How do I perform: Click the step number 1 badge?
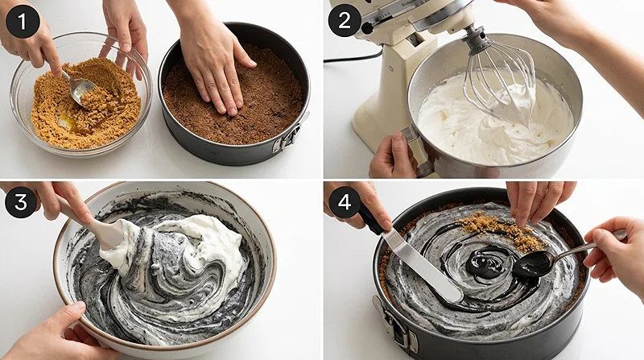(x=22, y=21)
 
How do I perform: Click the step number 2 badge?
(x=345, y=21)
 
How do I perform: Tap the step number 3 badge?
(x=22, y=201)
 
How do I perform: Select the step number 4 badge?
(x=345, y=201)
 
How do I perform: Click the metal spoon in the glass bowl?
(x=80, y=89)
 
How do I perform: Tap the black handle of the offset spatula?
(x=371, y=218)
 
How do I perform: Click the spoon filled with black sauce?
(x=533, y=263)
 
